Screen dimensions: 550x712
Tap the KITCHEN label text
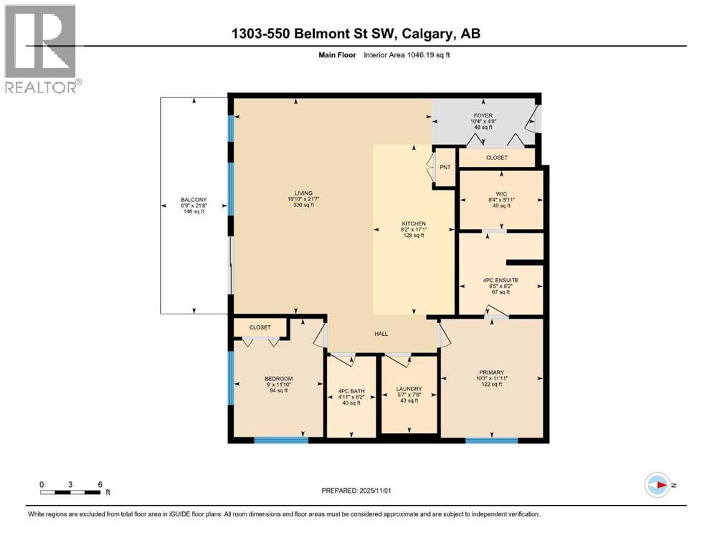point(414,223)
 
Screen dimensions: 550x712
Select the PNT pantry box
point(445,167)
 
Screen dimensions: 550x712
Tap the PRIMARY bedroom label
point(492,372)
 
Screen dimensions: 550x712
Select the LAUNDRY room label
point(409,390)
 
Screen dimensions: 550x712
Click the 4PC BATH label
point(351,390)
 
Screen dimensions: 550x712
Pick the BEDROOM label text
point(279,379)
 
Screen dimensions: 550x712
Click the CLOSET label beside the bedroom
point(260,327)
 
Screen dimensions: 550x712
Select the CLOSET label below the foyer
point(496,158)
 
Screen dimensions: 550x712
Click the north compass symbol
point(657,485)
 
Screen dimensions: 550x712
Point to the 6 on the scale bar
point(99,484)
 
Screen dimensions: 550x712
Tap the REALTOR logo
point(41,49)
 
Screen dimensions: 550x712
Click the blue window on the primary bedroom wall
point(492,440)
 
